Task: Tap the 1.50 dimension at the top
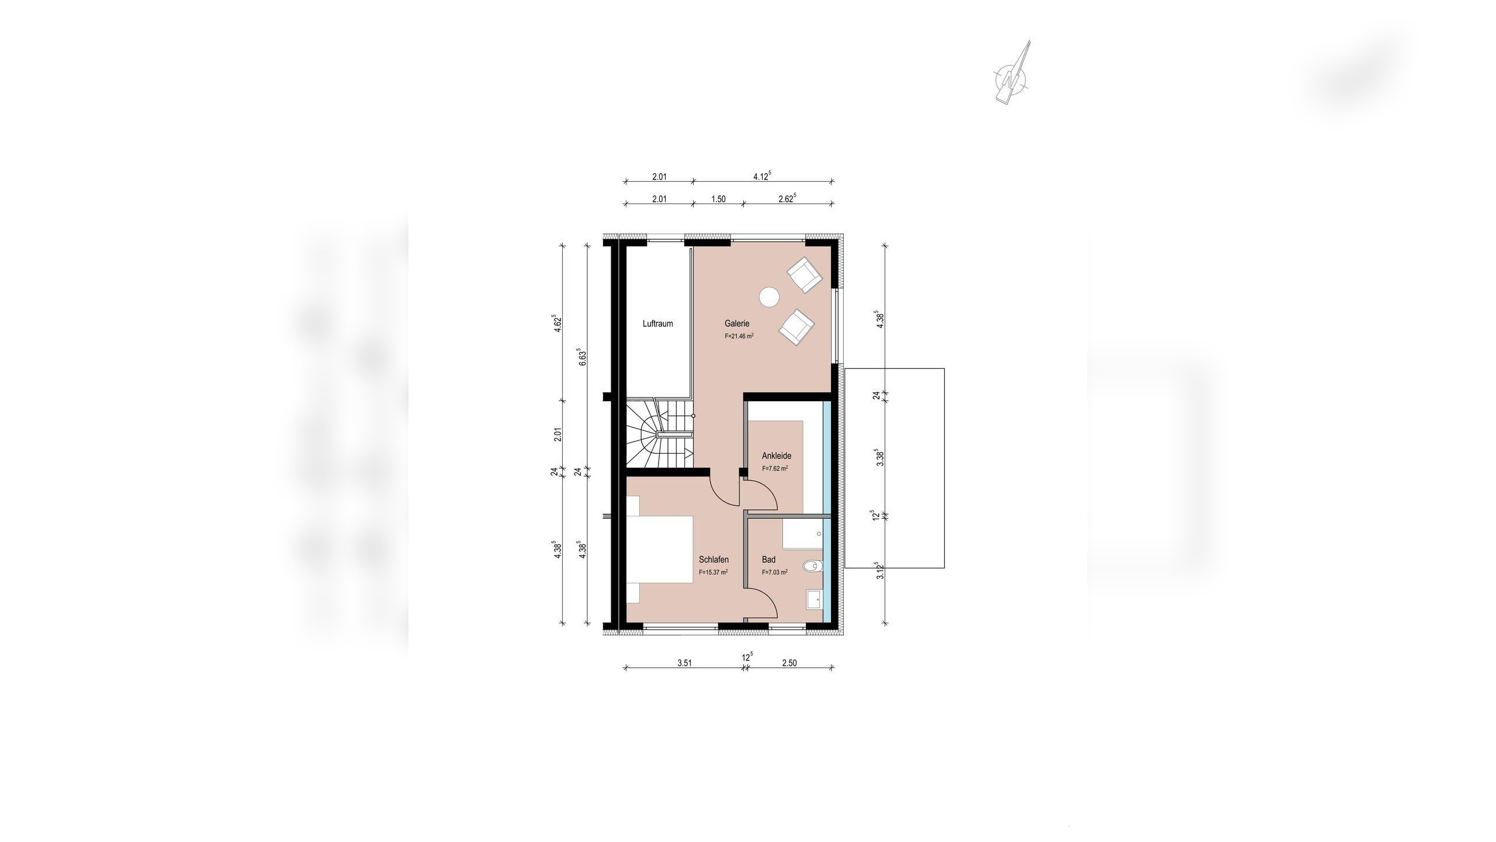tap(718, 199)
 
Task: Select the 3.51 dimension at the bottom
tap(684, 663)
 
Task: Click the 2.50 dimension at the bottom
tap(789, 663)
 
